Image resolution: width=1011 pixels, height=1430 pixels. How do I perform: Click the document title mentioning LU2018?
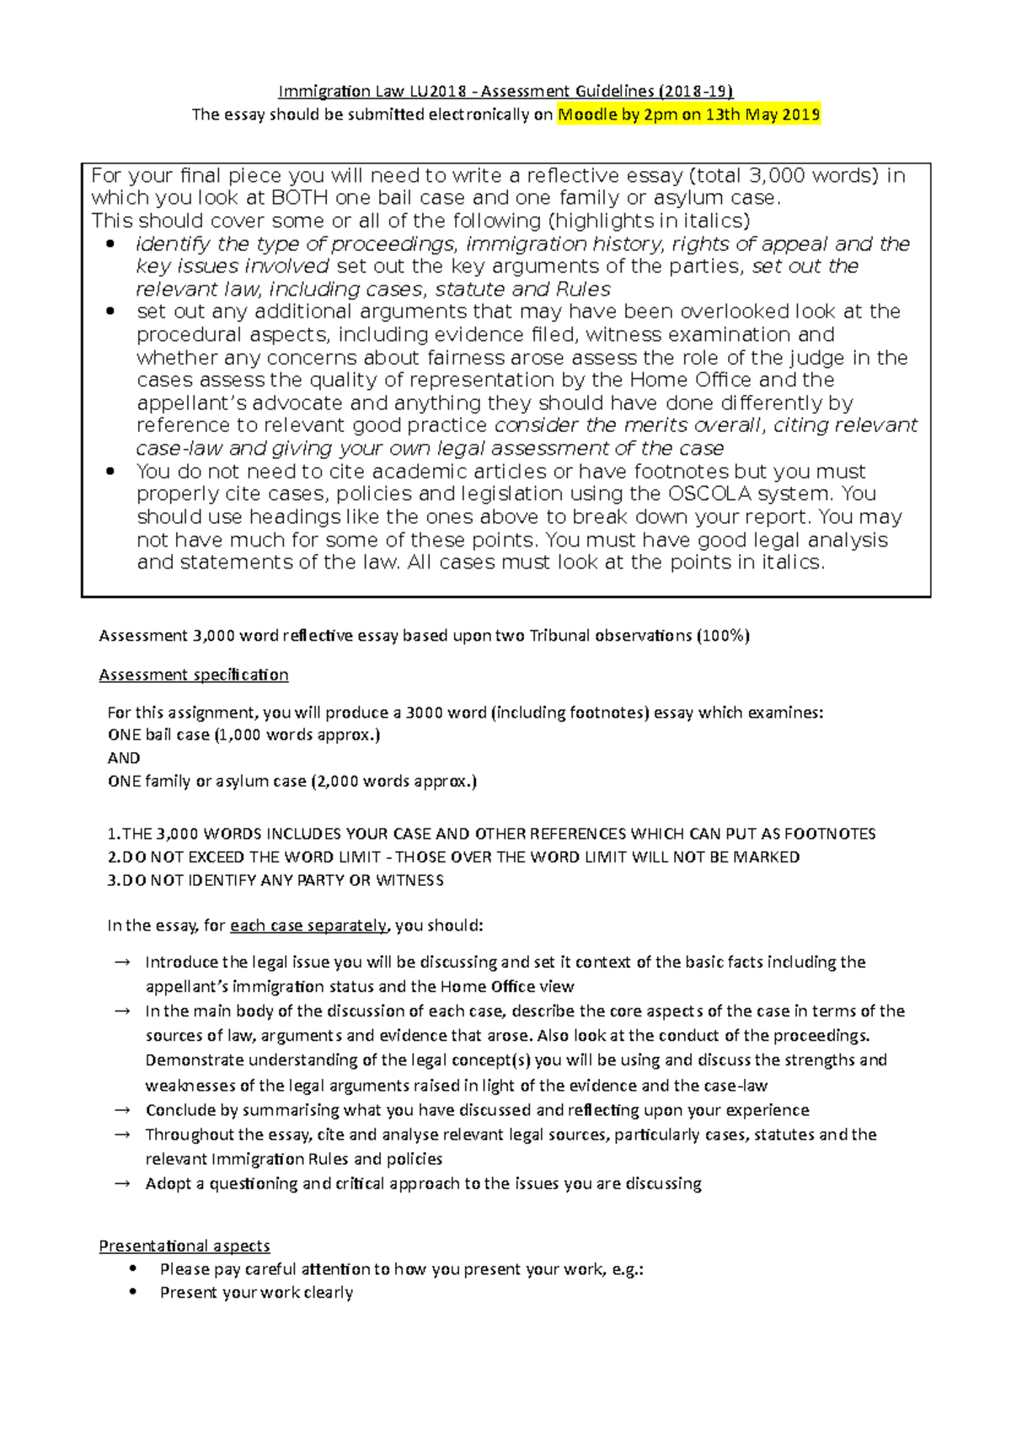click(505, 91)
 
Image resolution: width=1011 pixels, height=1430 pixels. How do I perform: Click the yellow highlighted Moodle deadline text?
click(688, 115)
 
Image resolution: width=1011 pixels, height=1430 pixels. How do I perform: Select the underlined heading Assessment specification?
click(194, 675)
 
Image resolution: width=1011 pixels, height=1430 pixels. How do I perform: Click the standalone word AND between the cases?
click(124, 758)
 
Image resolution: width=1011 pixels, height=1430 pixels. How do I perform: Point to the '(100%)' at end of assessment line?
click(723, 636)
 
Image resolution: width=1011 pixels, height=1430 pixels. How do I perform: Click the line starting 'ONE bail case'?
click(243, 735)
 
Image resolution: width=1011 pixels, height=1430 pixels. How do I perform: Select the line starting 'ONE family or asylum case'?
click(292, 782)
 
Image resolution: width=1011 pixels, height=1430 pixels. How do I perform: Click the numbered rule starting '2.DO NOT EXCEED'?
click(453, 857)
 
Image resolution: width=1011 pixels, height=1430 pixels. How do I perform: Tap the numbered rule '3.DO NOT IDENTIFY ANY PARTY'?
click(275, 880)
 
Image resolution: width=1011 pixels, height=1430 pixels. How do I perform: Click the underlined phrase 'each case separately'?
click(308, 926)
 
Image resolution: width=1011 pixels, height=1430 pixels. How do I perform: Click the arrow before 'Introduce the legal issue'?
click(121, 962)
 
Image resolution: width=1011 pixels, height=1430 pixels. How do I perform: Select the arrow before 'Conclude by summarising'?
click(121, 1110)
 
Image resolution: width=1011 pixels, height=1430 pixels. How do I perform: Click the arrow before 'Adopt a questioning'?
click(121, 1183)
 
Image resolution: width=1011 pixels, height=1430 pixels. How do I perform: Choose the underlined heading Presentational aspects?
click(185, 1246)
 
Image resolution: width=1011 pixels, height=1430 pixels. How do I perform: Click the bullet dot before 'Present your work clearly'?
click(133, 1291)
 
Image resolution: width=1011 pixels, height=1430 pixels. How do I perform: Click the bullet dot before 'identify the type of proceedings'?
click(110, 244)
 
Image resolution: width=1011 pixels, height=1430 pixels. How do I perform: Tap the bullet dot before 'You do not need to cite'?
click(110, 472)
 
